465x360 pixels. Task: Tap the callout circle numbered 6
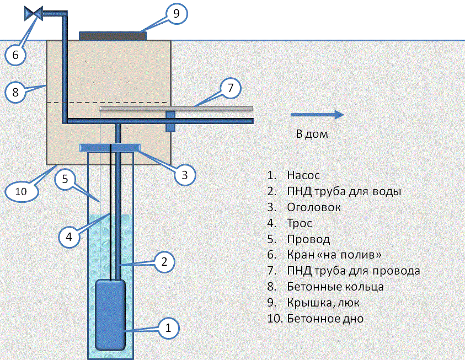pos(15,55)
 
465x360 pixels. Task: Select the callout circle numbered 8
pos(15,92)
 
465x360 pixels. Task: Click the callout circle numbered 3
pos(185,175)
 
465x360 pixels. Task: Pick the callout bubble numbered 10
pos(22,191)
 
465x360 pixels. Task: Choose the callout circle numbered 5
pos(65,179)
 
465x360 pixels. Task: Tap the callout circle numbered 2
pos(164,262)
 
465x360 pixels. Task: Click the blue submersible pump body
pos(110,314)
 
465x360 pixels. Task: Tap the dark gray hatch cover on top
pos(113,36)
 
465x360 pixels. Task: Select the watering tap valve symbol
pos(35,12)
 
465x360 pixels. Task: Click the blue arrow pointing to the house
pos(317,115)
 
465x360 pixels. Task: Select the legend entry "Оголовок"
pos(314,208)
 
